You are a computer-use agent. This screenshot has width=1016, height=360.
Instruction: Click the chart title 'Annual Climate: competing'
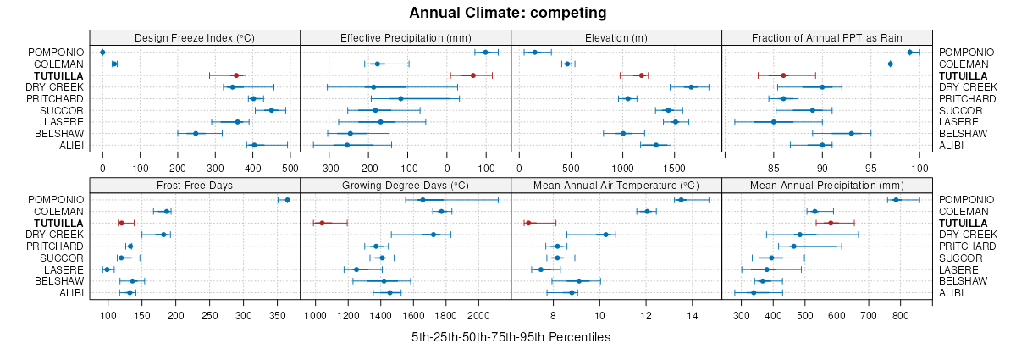[x=508, y=13]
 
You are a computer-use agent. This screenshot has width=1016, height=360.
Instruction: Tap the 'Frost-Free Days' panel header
[x=195, y=185]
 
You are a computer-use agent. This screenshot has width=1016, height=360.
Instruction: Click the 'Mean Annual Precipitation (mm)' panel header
[x=826, y=185]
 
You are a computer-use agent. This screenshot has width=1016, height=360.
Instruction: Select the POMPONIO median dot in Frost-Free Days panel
[x=287, y=200]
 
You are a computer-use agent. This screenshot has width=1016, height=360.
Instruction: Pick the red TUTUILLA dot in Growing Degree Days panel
[x=322, y=223]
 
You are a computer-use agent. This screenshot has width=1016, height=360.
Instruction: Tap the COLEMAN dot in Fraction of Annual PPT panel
[x=890, y=64]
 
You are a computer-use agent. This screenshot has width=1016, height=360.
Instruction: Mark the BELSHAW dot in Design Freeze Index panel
[x=196, y=133]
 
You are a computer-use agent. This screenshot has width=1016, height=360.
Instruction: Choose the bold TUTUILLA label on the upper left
[x=60, y=75]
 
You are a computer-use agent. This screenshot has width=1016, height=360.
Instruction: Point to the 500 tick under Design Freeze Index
[x=290, y=168]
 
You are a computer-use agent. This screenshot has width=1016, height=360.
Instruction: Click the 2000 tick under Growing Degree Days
[x=478, y=315]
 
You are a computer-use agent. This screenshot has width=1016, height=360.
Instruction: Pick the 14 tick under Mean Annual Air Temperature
[x=693, y=315]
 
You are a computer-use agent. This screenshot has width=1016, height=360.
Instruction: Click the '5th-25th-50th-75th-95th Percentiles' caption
[x=511, y=337]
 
